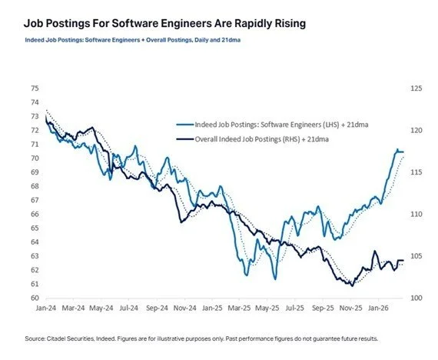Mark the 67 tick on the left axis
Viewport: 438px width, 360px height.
pos(35,200)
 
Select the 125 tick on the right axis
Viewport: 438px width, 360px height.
pos(396,89)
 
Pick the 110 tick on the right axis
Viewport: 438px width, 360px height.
pos(396,214)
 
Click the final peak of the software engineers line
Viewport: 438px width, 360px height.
pos(376,149)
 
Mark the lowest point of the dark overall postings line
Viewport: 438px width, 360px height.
pos(351,285)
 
